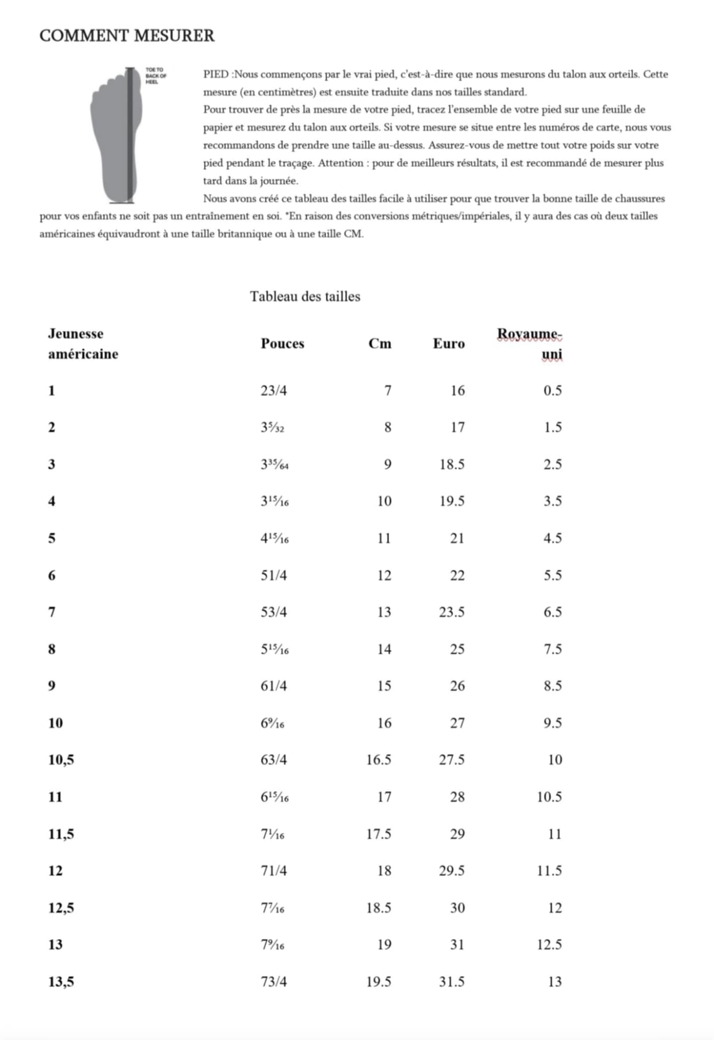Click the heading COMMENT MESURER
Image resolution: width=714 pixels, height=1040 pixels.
click(x=127, y=36)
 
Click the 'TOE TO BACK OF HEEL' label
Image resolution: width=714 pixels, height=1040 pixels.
click(x=156, y=76)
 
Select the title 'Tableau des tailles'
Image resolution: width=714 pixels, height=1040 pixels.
click(x=305, y=297)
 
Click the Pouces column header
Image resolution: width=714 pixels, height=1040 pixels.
click(x=282, y=344)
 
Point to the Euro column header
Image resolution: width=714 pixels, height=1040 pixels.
click(x=448, y=344)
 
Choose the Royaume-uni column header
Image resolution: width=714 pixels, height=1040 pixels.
click(x=530, y=344)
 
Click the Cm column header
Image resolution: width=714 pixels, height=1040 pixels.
click(x=380, y=344)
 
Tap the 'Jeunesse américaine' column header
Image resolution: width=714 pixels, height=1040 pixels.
click(x=83, y=344)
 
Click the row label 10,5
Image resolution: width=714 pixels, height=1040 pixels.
click(x=61, y=760)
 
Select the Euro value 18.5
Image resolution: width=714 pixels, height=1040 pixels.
click(x=452, y=465)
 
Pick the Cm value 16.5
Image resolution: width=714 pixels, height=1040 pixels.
click(x=379, y=760)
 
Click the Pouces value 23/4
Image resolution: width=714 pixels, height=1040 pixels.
click(x=273, y=391)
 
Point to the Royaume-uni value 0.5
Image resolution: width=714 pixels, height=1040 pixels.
click(x=552, y=391)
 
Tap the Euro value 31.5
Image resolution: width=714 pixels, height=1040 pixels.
click(x=452, y=982)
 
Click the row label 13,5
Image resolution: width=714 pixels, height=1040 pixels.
click(x=61, y=982)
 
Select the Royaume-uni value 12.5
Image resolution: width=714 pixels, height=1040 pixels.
click(x=549, y=945)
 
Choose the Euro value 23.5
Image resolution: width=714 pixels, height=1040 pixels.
click(x=452, y=612)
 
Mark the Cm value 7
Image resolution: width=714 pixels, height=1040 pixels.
click(x=388, y=391)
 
